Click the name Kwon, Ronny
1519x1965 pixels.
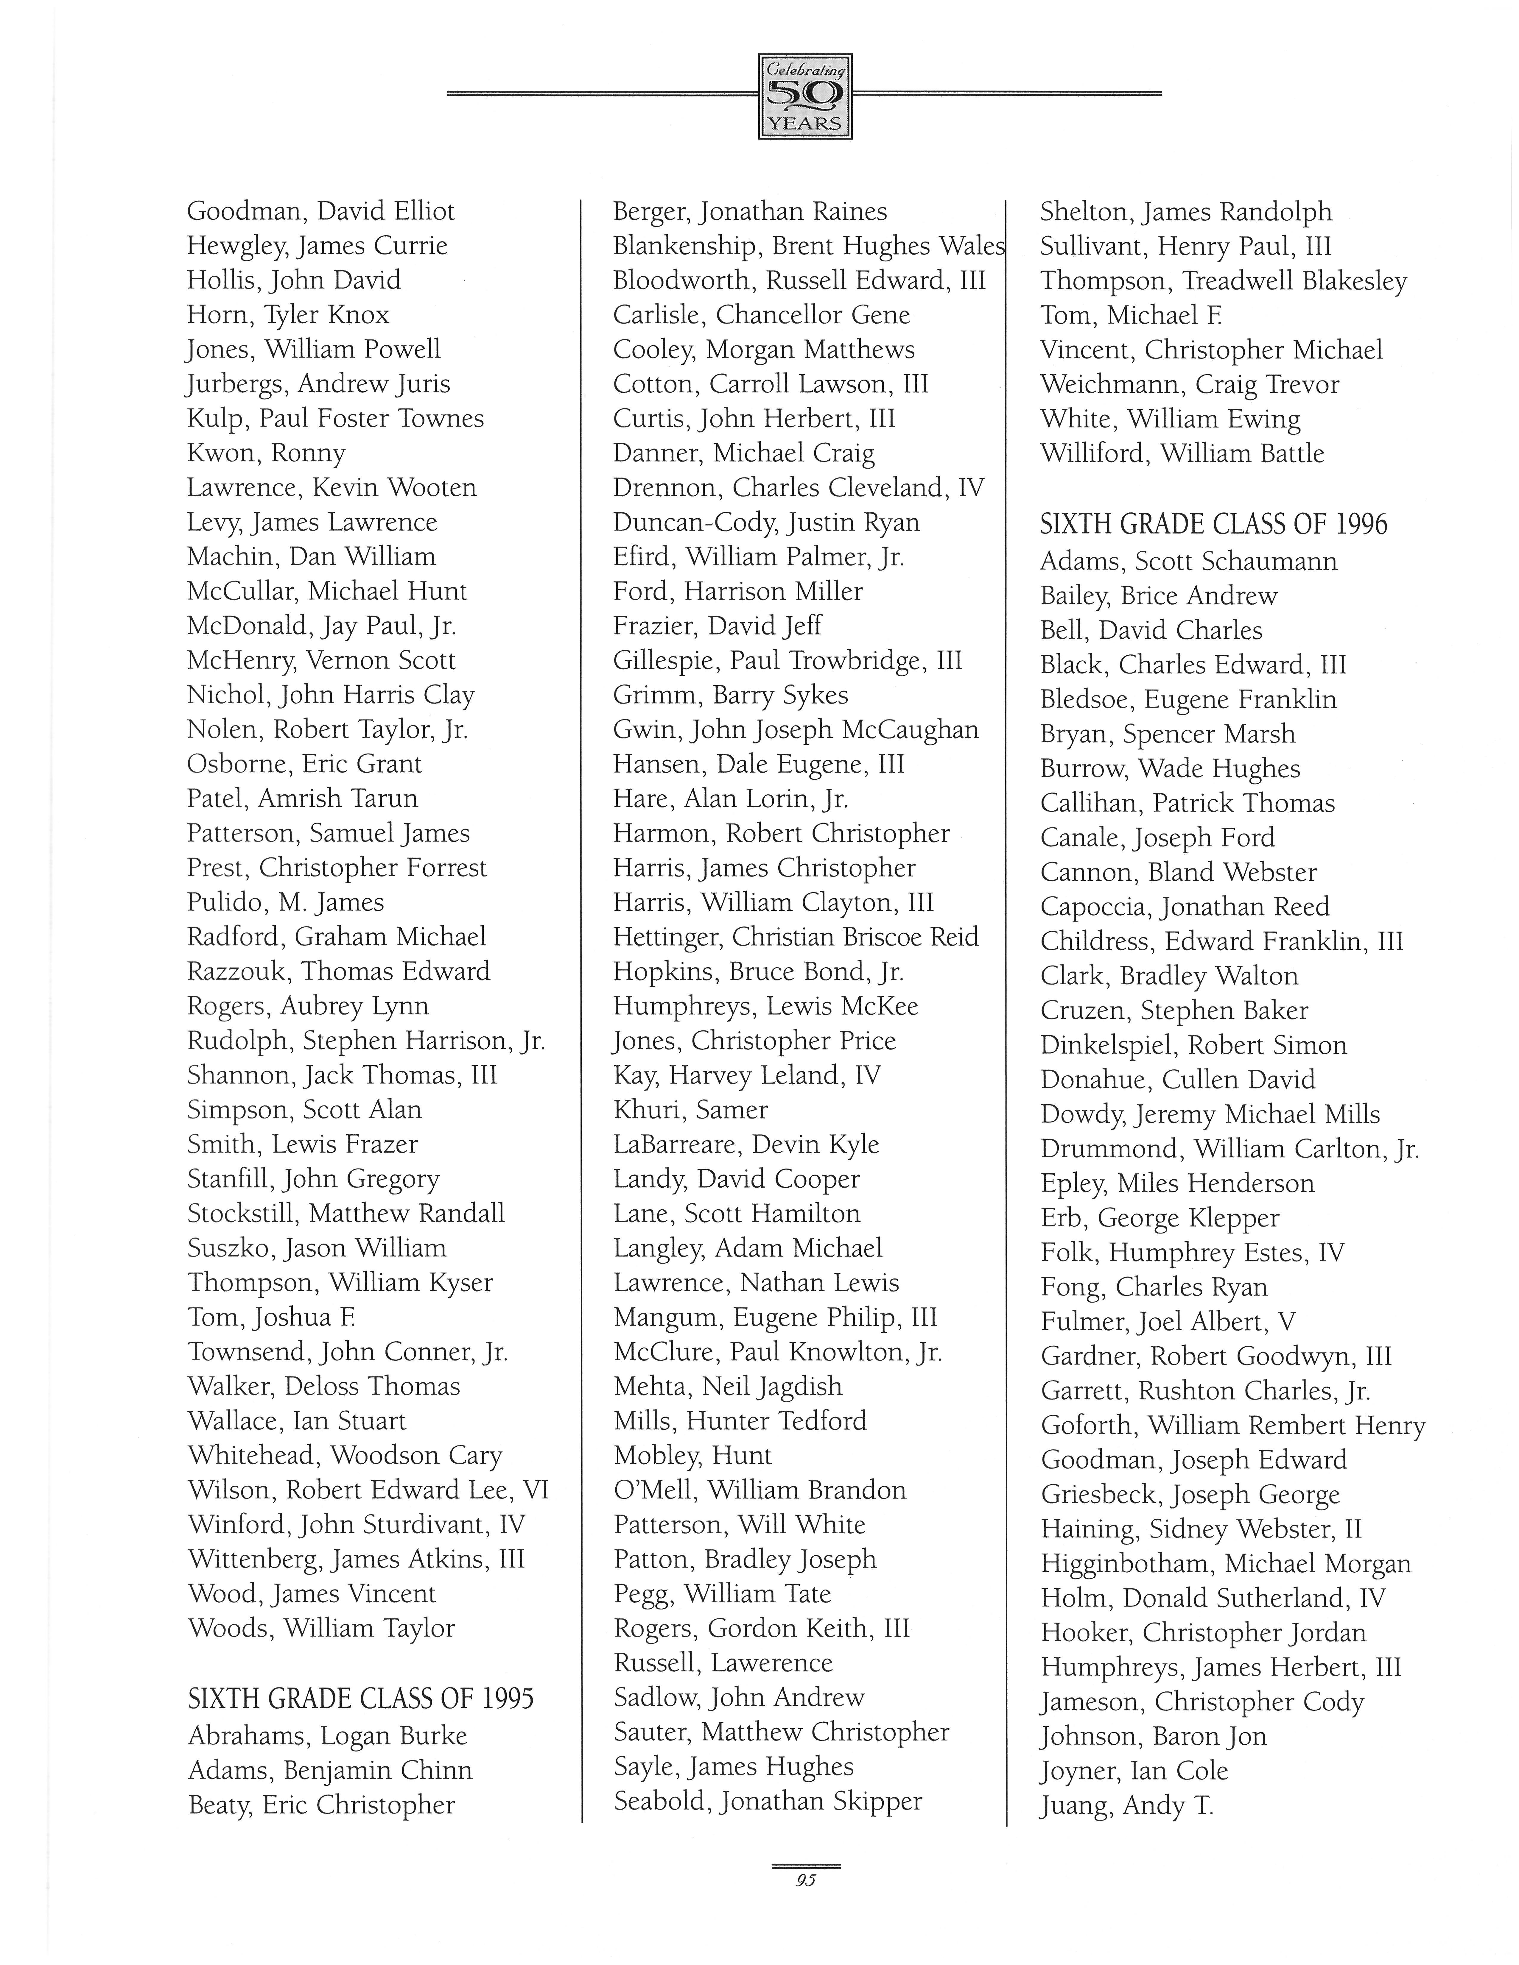click(x=265, y=453)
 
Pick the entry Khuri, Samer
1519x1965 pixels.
click(x=690, y=1109)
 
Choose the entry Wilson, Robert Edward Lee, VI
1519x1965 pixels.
click(x=367, y=1490)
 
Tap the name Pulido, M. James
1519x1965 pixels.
click(x=285, y=902)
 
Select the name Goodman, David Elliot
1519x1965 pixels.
click(x=320, y=211)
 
